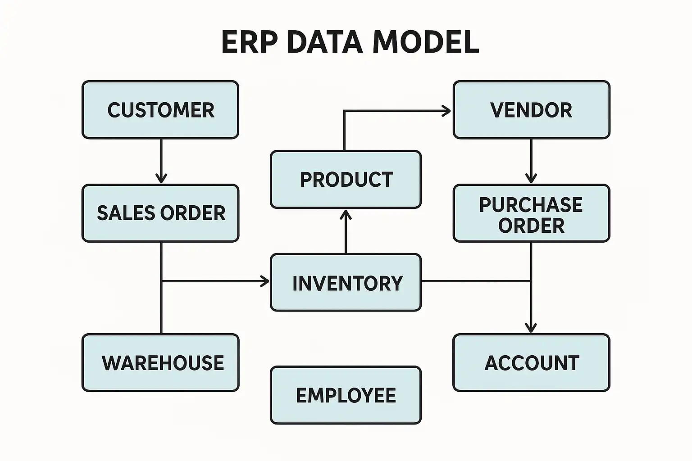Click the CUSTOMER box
[160, 110]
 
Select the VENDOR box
[531, 110]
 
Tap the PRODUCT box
[346, 180]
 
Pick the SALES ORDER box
[160, 213]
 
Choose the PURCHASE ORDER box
[531, 213]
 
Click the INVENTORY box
[346, 283]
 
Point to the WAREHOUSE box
[160, 363]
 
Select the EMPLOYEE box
[346, 395]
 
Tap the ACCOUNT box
[531, 363]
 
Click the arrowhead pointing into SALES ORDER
[161, 178]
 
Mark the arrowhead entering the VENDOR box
[446, 111]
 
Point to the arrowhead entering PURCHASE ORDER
[531, 178]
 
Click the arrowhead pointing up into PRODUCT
[346, 215]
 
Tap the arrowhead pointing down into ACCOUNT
[531, 328]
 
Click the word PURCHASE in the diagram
[531, 205]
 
